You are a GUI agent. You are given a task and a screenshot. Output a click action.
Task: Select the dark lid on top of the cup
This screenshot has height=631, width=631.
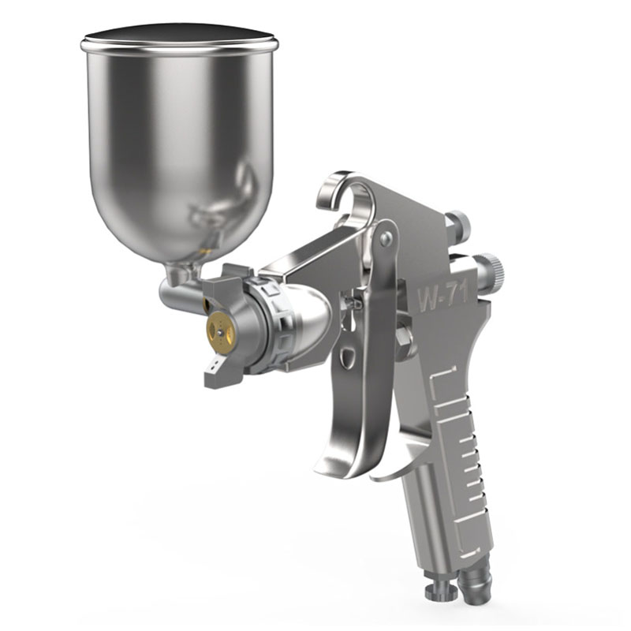(179, 37)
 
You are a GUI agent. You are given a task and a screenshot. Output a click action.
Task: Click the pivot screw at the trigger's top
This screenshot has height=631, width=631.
(385, 235)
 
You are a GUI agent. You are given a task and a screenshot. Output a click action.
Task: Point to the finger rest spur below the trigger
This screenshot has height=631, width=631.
(394, 469)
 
